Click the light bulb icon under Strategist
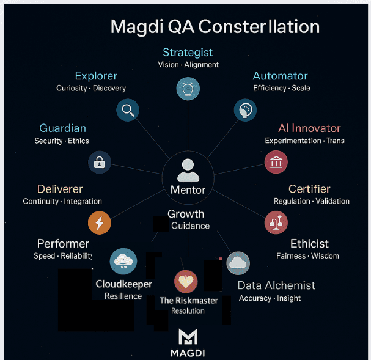(188, 89)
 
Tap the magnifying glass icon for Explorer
(128, 111)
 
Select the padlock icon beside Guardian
(99, 162)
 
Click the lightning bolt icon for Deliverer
(99, 223)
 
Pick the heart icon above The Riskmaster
(186, 282)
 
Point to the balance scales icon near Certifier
(276, 222)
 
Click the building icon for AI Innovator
(276, 162)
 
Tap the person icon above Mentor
(188, 168)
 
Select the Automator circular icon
(245, 110)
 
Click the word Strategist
(188, 53)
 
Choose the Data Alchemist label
(276, 285)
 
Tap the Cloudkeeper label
(123, 284)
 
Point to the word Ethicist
(309, 244)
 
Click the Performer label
(63, 244)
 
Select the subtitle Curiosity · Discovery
(91, 88)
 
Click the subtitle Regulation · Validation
(312, 201)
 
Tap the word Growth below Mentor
(186, 215)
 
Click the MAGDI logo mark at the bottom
(188, 337)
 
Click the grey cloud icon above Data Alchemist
(238, 263)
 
